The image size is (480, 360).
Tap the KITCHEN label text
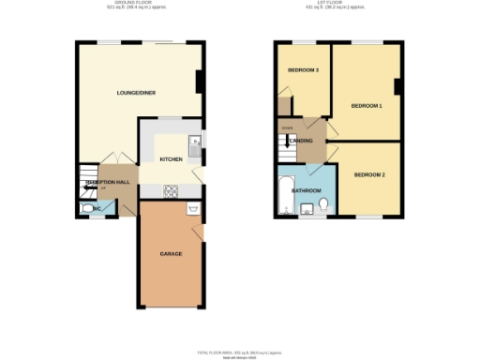[171, 159]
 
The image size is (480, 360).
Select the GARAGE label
[171, 254]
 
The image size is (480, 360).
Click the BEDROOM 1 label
[367, 106]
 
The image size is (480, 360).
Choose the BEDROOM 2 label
[369, 175]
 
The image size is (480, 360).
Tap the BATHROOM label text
[307, 190]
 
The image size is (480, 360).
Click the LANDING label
[302, 141]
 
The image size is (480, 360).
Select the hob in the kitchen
[172, 191]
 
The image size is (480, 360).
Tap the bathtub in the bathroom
[285, 192]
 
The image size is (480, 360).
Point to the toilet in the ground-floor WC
[88, 209]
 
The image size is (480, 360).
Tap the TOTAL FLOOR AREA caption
[240, 351]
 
